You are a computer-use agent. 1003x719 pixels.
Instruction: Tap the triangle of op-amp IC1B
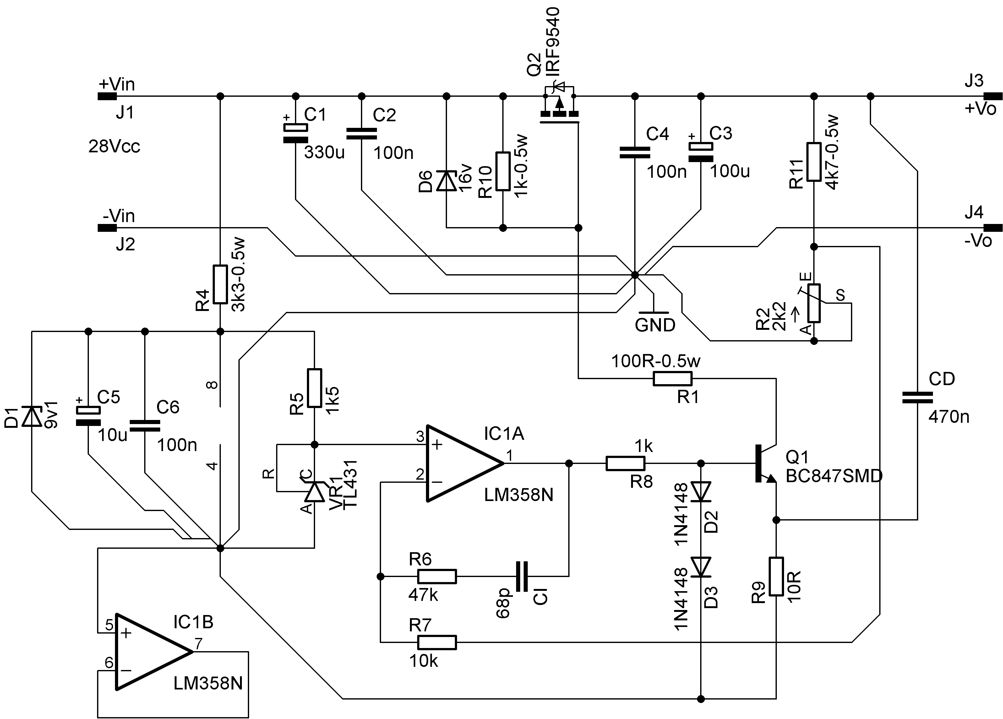click(154, 651)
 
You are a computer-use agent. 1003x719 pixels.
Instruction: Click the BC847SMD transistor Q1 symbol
click(765, 463)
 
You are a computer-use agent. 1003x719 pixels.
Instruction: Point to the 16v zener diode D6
click(446, 181)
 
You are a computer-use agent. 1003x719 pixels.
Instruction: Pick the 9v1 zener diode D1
click(32, 416)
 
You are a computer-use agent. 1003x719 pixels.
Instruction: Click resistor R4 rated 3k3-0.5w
click(220, 284)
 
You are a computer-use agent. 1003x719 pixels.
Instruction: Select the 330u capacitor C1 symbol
click(295, 133)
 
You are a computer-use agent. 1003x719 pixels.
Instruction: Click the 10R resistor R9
click(776, 576)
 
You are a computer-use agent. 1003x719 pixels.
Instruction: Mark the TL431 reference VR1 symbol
click(314, 491)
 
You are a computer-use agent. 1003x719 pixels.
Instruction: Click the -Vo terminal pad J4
click(993, 228)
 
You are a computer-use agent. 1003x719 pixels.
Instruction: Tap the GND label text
click(655, 325)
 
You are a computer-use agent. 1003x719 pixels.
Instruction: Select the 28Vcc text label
click(114, 146)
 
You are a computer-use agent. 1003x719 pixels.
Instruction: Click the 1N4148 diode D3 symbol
click(700, 567)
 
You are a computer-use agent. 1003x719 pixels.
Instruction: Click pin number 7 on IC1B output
click(199, 644)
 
